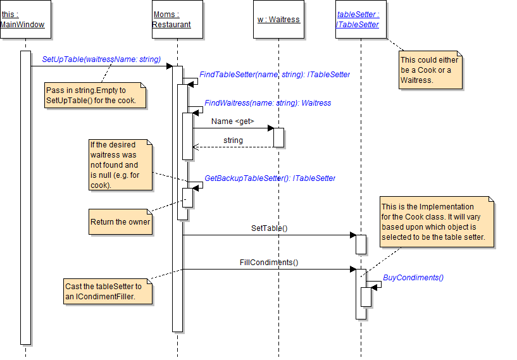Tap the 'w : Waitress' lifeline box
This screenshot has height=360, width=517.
tap(278, 19)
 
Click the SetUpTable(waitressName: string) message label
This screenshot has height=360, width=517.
tap(101, 59)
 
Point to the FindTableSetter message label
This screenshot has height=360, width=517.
tap(275, 75)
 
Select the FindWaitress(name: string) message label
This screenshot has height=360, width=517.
tap(268, 103)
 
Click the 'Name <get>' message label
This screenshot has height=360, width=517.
tap(232, 121)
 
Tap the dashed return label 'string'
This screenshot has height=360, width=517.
tap(233, 140)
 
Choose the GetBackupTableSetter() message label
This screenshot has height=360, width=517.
tap(270, 178)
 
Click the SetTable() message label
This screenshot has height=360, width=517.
tap(269, 228)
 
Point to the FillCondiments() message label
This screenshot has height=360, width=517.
tap(269, 262)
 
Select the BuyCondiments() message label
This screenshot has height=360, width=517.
tap(413, 278)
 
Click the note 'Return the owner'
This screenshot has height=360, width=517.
tap(121, 222)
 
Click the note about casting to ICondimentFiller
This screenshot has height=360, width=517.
tap(108, 292)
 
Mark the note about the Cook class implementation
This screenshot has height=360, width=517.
tap(437, 222)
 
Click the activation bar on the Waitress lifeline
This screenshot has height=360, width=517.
tap(278, 137)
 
